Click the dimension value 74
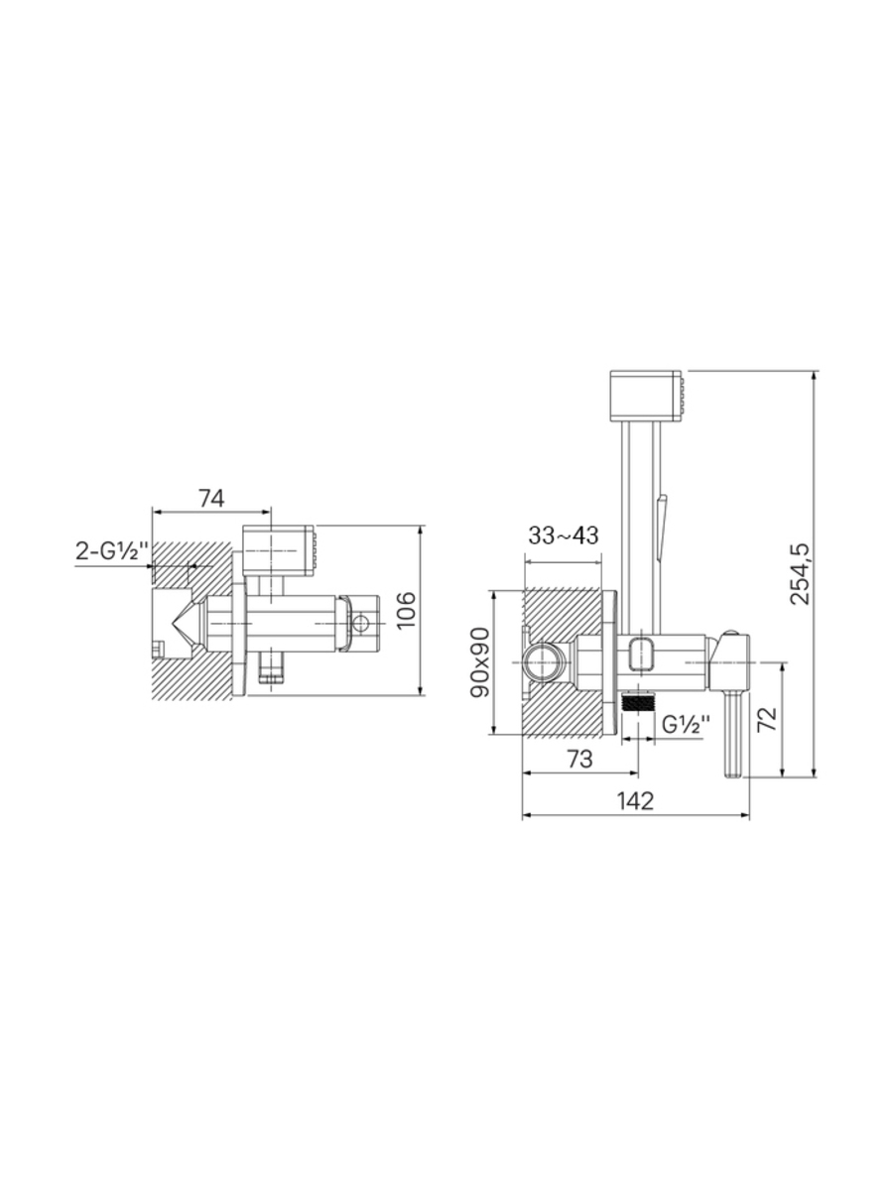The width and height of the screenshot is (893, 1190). [211, 498]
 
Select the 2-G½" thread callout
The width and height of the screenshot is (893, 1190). [112, 550]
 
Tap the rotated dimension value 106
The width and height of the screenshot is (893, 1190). [406, 611]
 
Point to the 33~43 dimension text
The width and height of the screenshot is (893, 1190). [564, 535]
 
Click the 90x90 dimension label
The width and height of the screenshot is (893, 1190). [480, 662]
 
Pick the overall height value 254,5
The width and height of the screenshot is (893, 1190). [799, 573]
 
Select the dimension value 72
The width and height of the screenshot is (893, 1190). [767, 719]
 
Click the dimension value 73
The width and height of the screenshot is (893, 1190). [579, 759]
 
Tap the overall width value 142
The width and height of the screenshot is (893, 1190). [635, 800]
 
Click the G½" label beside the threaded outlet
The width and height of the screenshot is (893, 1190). [686, 725]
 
